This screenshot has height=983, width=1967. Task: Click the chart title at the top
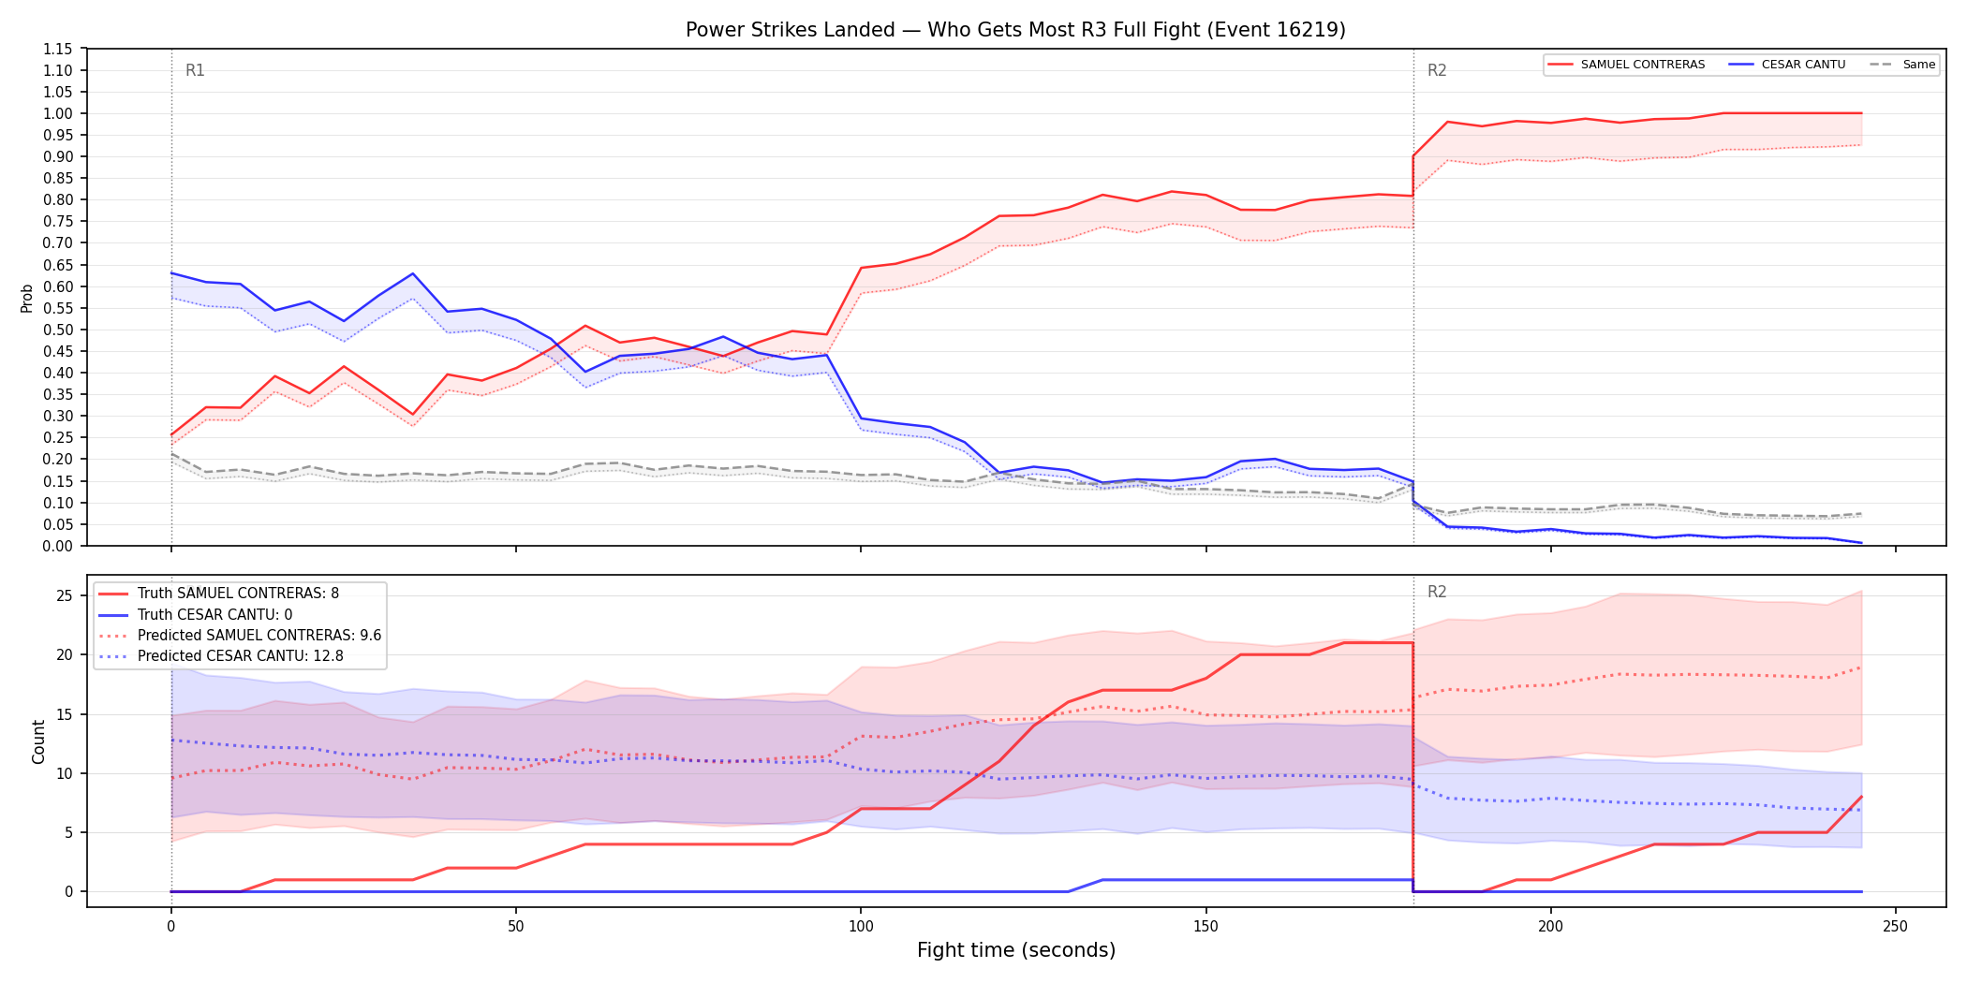pyautogui.click(x=1015, y=30)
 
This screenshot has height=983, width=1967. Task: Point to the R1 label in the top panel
pyautogui.click(x=195, y=70)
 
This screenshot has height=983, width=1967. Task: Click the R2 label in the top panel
pyautogui.click(x=1437, y=70)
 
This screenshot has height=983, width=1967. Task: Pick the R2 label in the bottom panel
pyautogui.click(x=1437, y=592)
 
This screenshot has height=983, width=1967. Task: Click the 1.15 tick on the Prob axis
pyautogui.click(x=58, y=49)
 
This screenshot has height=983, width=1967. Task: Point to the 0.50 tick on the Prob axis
pyautogui.click(x=58, y=330)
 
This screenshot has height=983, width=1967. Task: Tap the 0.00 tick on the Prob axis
pyautogui.click(x=58, y=546)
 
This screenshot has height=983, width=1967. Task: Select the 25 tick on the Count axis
pyautogui.click(x=65, y=595)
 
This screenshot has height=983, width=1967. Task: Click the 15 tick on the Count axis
pyautogui.click(x=65, y=714)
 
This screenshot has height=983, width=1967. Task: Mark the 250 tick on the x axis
pyautogui.click(x=1895, y=926)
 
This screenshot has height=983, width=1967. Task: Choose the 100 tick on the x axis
pyautogui.click(x=861, y=926)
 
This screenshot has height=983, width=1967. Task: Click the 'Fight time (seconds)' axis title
pyautogui.click(x=1016, y=950)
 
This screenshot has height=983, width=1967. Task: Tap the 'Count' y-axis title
pyautogui.click(x=38, y=741)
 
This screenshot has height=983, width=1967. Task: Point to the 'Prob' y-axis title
pyautogui.click(x=26, y=298)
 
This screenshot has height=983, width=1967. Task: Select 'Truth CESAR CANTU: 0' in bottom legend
pyautogui.click(x=214, y=614)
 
